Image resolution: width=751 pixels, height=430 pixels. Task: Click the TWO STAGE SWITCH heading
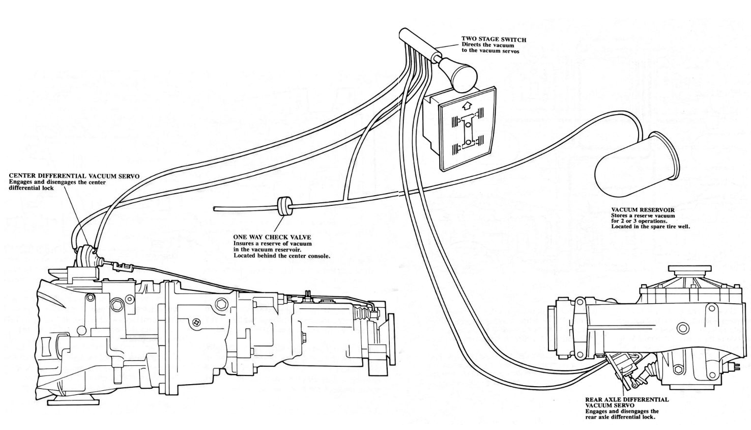[494, 39]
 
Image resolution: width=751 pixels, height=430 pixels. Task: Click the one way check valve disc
[282, 206]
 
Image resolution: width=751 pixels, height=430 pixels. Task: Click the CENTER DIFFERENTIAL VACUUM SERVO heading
[74, 176]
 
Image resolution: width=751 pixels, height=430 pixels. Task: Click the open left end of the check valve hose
[215, 207]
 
